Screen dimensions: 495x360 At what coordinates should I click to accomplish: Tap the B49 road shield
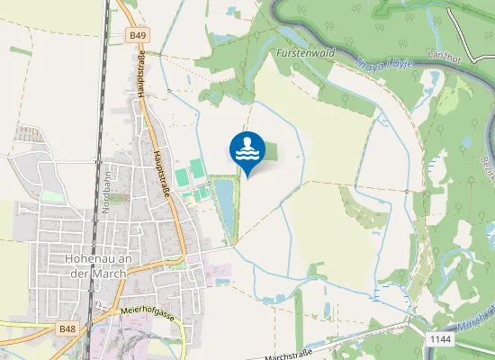point(138,35)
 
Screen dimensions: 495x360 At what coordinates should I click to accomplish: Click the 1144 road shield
point(439,338)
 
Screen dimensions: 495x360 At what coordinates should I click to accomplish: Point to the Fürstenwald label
point(306,53)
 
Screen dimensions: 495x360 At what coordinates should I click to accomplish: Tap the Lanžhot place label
point(445,58)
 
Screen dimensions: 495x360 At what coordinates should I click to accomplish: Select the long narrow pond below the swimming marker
point(224,205)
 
